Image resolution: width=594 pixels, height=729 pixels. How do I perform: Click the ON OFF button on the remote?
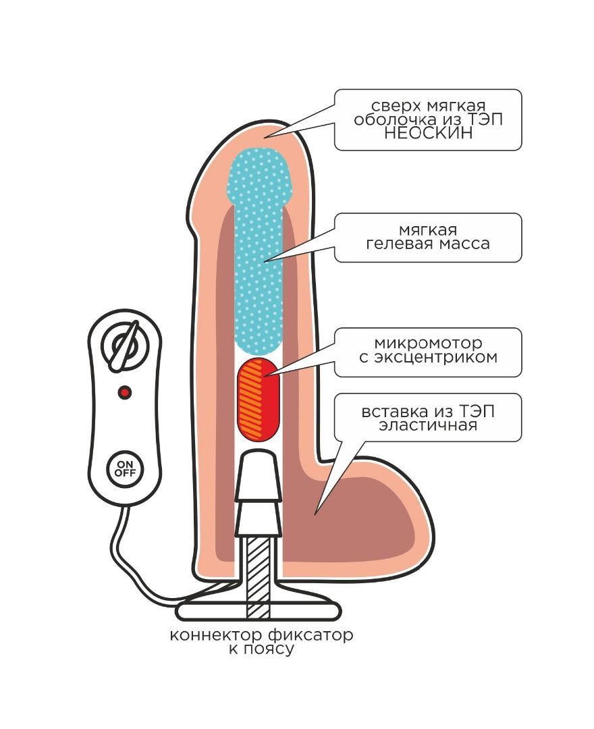pos(124,468)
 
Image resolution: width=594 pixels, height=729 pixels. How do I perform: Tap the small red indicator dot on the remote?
pos(124,392)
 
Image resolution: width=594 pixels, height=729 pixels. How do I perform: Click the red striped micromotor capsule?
pos(258,399)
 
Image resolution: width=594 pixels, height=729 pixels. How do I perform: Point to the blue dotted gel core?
pos(258,256)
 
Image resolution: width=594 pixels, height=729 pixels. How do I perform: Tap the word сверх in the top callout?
pos(395,106)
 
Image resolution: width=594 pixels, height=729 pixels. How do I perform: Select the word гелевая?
pos(398,243)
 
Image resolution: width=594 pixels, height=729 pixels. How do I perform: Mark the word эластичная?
pos(427,425)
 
